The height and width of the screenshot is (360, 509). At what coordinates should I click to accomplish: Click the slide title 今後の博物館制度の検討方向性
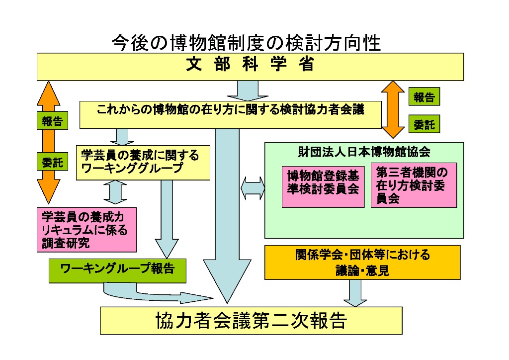point(246,43)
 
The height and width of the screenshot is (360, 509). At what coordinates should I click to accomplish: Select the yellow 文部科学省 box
point(250,66)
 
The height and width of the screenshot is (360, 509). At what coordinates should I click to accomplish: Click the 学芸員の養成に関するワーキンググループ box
point(143,162)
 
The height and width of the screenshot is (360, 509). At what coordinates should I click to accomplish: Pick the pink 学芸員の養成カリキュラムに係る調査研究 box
point(86,229)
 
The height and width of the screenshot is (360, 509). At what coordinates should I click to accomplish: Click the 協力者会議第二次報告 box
point(251,321)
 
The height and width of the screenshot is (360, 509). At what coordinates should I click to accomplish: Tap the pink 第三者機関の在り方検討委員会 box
point(413,185)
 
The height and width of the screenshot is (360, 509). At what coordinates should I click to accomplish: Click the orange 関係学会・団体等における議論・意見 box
point(363,262)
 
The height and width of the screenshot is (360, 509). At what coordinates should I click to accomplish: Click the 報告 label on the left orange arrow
point(52,121)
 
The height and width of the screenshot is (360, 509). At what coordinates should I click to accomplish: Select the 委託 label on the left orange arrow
point(52,162)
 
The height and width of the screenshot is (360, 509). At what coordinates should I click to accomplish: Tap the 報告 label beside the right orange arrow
point(424,97)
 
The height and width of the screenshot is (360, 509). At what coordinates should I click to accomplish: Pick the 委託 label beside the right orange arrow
point(424,125)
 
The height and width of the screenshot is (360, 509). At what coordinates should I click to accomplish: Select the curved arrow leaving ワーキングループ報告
point(149,294)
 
